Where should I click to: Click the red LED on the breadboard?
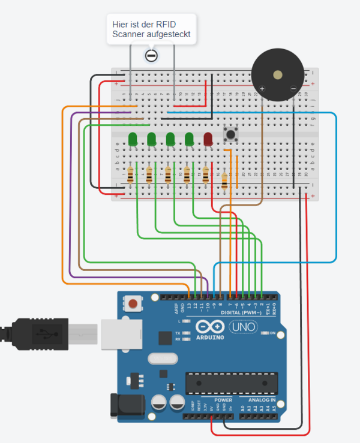pyautogui.click(x=208, y=139)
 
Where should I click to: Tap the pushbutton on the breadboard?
pyautogui.click(x=229, y=134)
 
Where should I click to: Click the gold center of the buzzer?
pyautogui.click(x=277, y=76)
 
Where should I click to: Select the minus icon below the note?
pyautogui.click(x=151, y=56)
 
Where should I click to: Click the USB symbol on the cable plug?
pyautogui.click(x=41, y=331)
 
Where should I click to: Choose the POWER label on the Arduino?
pyautogui.click(x=223, y=400)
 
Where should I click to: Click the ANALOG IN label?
pyautogui.click(x=258, y=400)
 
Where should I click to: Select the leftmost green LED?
pyautogui.click(x=133, y=139)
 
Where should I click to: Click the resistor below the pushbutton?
pyautogui.click(x=225, y=181)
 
